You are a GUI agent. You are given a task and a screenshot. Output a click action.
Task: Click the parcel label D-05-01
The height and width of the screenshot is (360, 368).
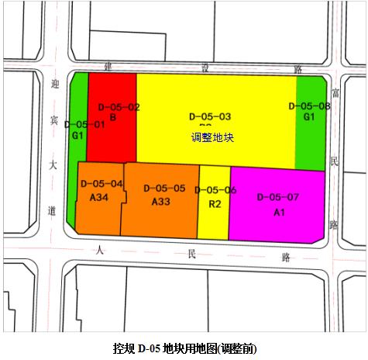click(84, 124)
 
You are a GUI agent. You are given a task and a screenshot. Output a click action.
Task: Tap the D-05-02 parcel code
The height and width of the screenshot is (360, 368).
click(119, 107)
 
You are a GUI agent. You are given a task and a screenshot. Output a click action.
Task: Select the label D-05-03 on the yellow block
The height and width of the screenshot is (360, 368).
click(210, 117)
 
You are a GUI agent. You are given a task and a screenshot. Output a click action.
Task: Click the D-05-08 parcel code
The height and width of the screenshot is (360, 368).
click(309, 106)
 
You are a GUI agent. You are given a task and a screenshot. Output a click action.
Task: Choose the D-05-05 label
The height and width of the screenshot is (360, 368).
click(164, 188)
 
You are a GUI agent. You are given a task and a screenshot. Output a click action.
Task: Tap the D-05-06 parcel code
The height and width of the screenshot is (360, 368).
click(215, 190)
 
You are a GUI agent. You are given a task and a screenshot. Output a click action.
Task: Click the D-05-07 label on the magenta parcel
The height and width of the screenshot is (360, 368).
click(277, 196)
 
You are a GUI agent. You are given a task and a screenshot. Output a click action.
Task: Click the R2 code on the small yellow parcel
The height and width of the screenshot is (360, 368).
click(215, 204)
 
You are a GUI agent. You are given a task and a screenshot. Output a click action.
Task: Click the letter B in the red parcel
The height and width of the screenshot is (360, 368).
click(113, 118)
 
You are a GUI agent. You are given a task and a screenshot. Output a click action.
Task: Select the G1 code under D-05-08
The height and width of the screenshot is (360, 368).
click(309, 117)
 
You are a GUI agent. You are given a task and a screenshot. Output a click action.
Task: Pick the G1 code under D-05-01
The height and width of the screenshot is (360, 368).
click(77, 135)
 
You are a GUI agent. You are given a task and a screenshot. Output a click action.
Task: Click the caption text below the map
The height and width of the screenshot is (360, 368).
click(184, 348)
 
